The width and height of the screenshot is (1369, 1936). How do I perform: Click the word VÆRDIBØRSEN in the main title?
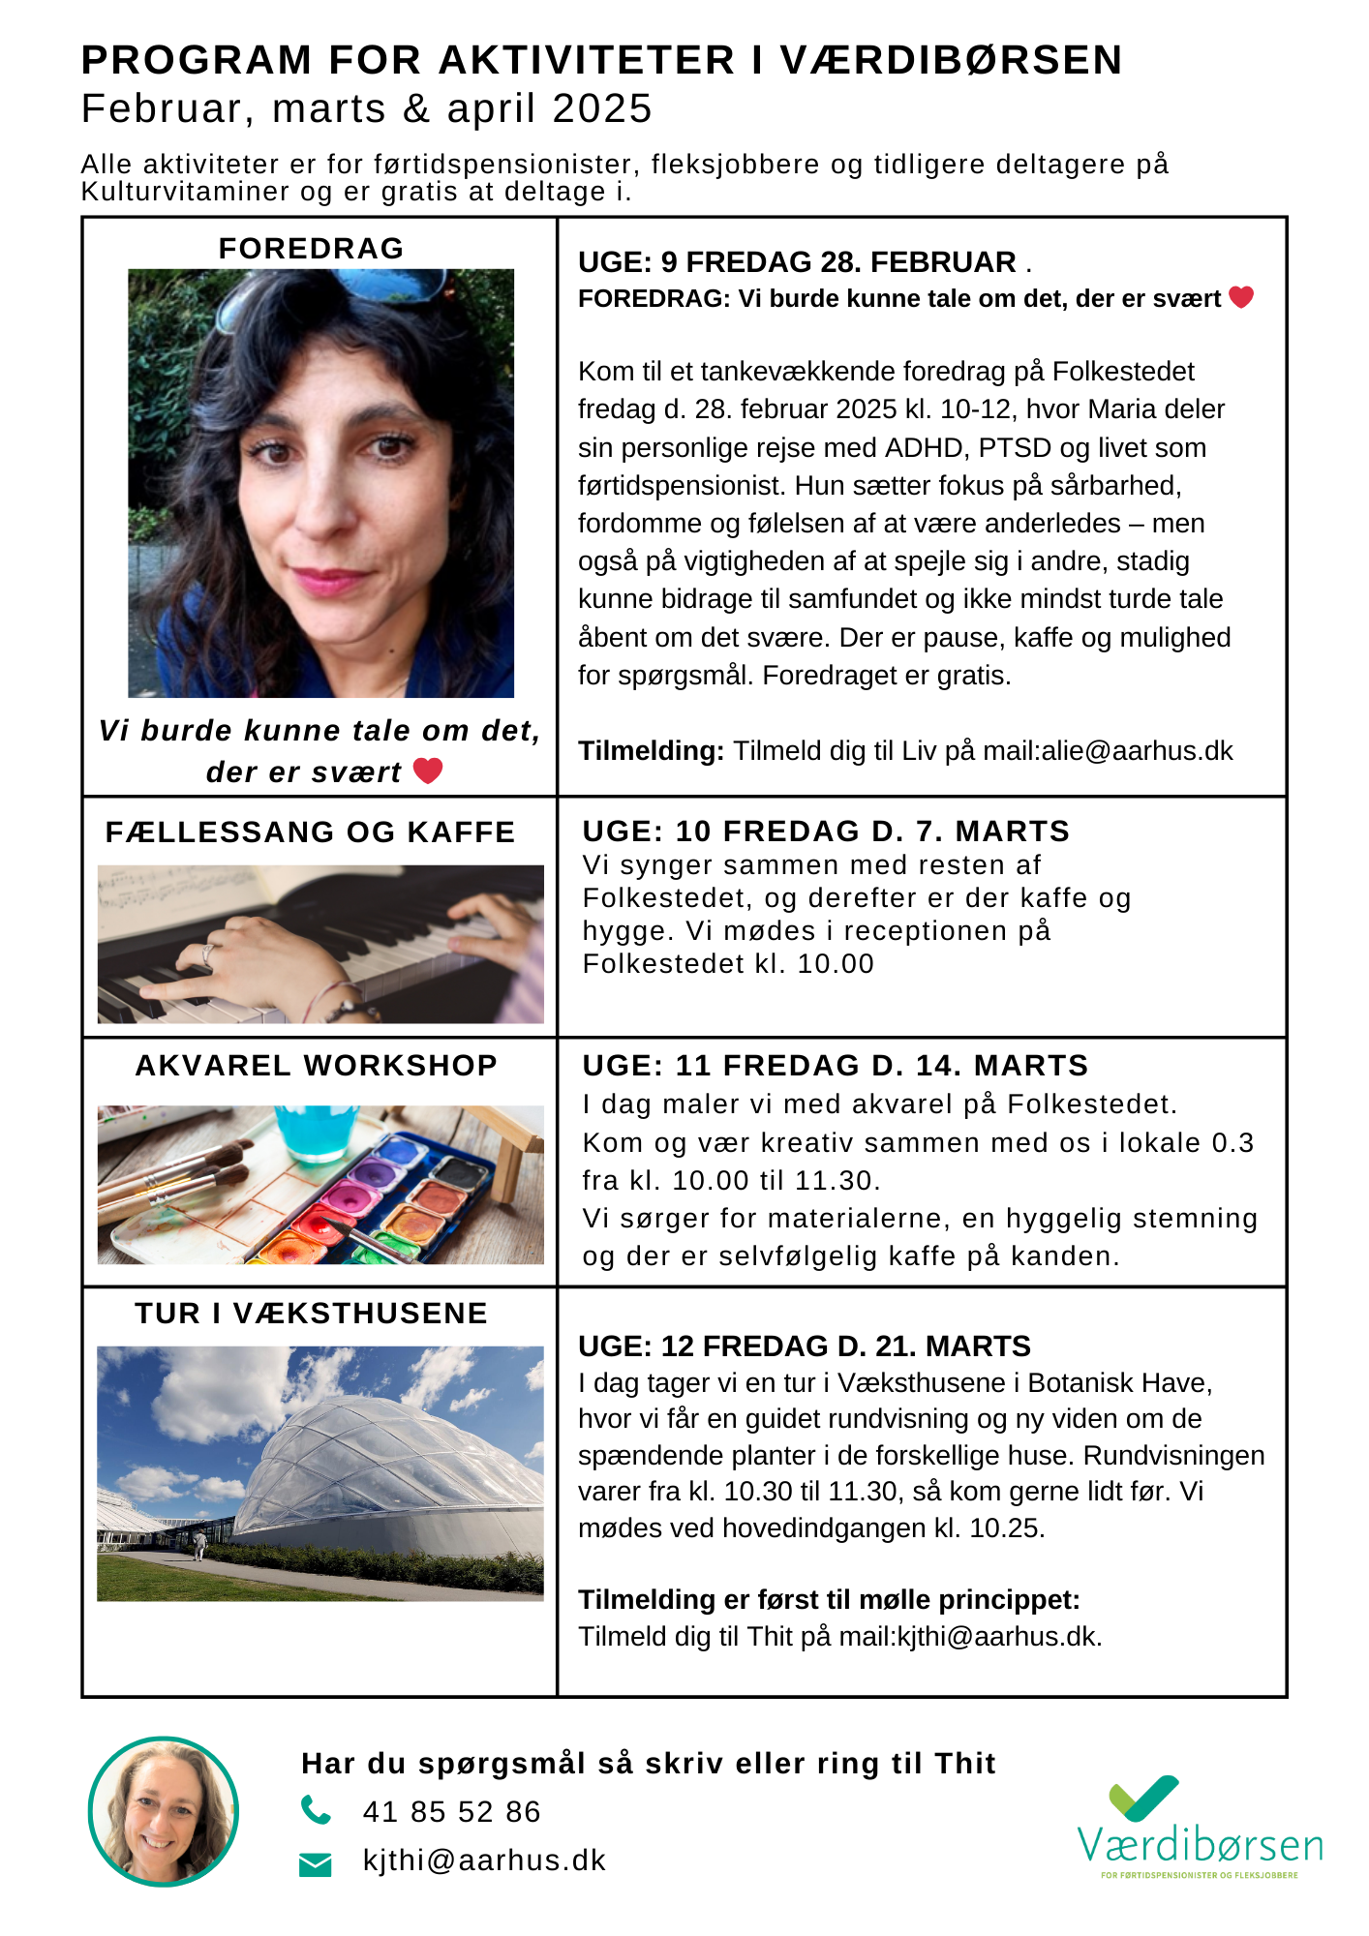coord(951,60)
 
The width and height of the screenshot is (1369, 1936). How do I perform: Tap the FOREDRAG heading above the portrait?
coord(311,249)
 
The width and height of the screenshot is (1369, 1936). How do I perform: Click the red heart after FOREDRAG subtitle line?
coord(1241,297)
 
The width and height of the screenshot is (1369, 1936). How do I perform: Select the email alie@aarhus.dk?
coord(1137,751)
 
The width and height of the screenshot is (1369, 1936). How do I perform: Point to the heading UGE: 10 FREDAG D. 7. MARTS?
coord(825,831)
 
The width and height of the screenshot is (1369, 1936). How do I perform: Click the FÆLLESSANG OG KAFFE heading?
coord(310,832)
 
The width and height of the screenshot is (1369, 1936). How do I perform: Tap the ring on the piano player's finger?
coord(208,953)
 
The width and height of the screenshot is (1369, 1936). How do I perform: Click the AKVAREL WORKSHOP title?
coord(316,1066)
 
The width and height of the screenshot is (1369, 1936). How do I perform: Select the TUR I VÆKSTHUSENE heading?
coord(311,1314)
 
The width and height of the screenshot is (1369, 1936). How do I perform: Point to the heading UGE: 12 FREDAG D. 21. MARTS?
coord(804,1346)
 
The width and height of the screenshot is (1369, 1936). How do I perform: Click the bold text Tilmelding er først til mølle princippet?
coord(828,1600)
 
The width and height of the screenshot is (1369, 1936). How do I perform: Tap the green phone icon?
coord(316,1810)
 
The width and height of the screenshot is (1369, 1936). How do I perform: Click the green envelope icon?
coord(316,1863)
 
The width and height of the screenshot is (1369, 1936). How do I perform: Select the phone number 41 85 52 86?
coord(451,1812)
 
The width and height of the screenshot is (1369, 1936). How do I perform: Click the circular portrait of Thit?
coord(163,1811)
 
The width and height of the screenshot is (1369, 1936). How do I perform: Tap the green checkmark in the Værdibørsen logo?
coord(1143,1799)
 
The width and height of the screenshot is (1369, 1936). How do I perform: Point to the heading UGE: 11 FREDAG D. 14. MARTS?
coord(835,1066)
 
